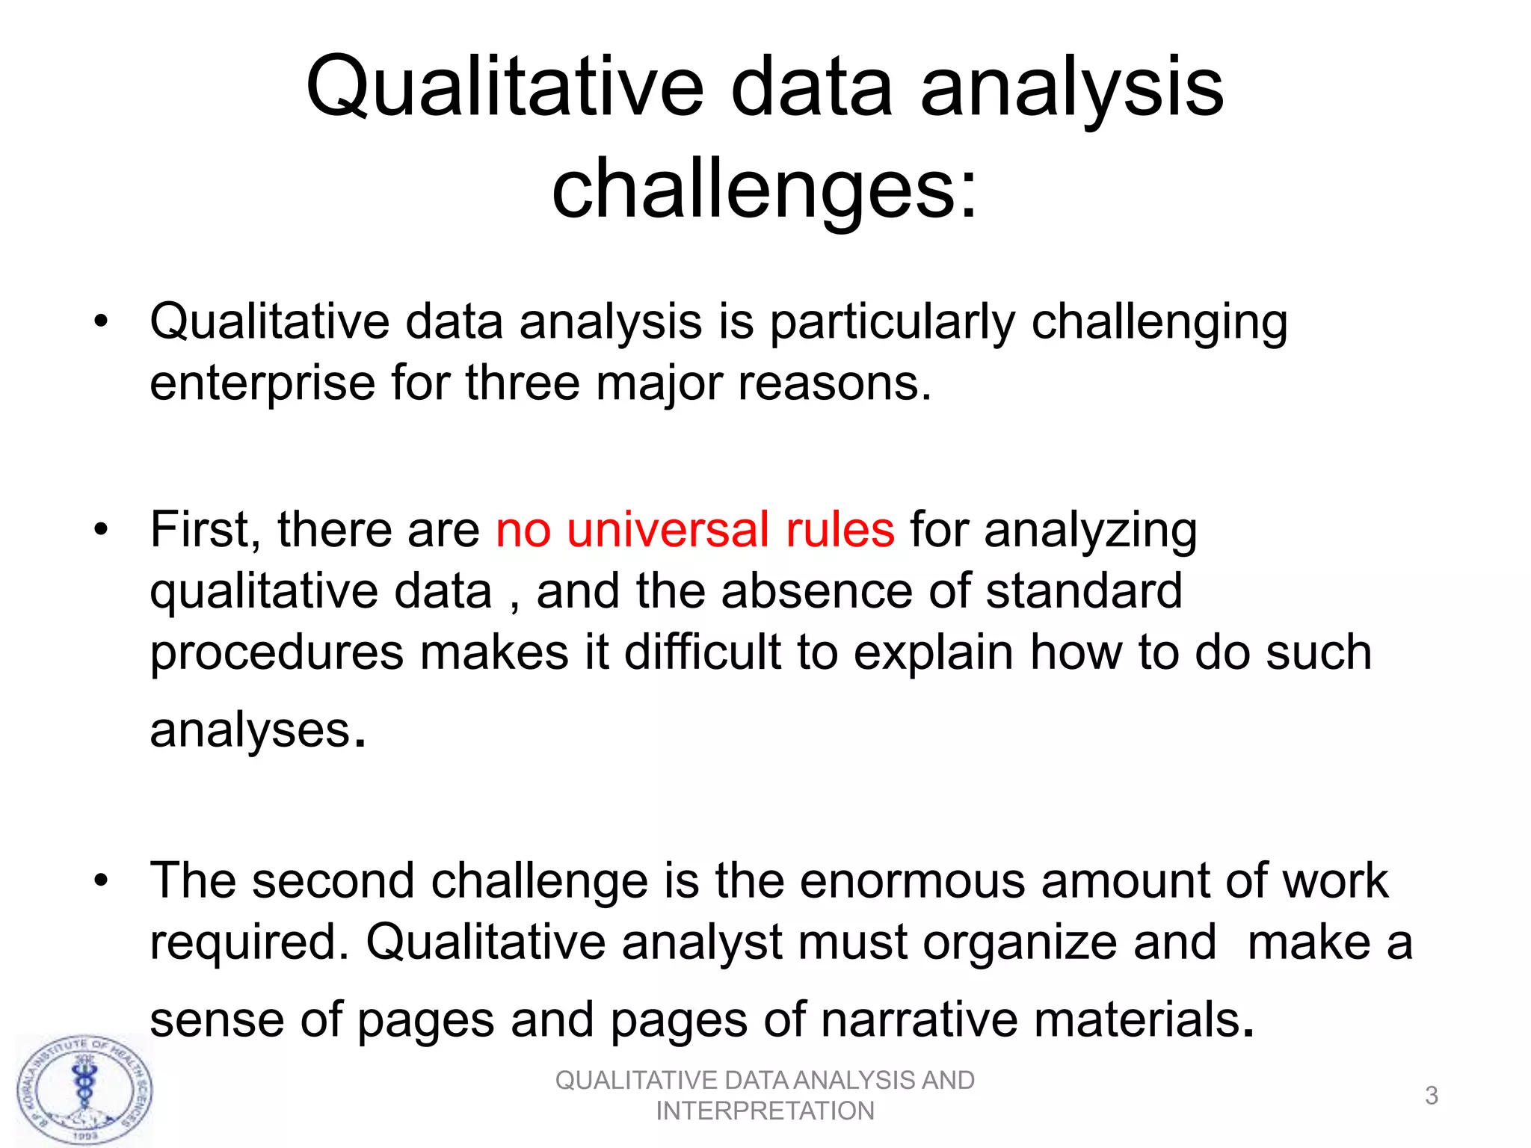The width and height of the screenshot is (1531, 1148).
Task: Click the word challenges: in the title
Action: click(x=764, y=191)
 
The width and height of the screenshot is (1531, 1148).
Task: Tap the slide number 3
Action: click(x=1431, y=1095)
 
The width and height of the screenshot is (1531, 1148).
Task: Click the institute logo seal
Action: click(x=85, y=1090)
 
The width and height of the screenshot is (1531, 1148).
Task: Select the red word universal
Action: click(x=668, y=530)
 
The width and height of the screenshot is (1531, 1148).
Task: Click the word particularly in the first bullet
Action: click(x=893, y=323)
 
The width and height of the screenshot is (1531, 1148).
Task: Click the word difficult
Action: click(x=702, y=652)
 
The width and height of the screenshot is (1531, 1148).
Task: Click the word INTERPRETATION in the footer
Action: click(x=765, y=1111)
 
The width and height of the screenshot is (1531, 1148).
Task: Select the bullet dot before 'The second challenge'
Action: click(x=101, y=880)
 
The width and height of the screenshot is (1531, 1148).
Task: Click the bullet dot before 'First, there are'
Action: click(x=101, y=530)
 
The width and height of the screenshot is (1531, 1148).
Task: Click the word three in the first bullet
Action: click(x=523, y=384)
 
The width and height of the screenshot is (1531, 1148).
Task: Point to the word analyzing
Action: click(x=1090, y=530)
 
